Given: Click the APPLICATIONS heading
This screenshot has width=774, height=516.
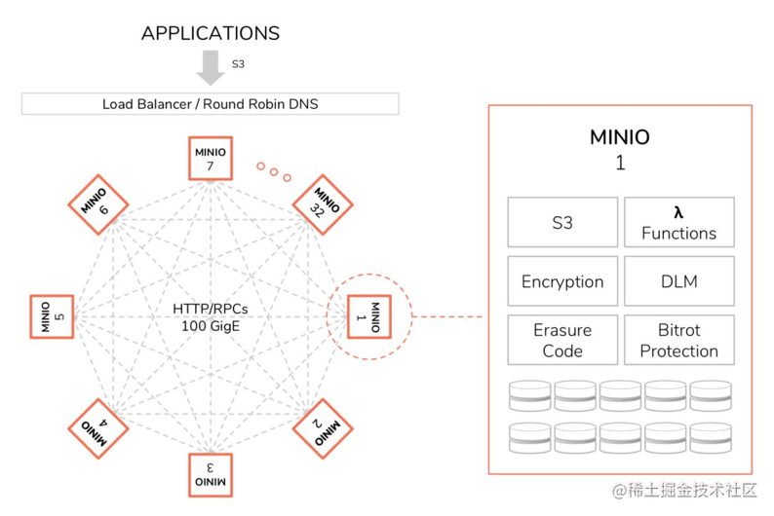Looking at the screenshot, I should (x=211, y=33).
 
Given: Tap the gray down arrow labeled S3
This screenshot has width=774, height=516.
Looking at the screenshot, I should (x=210, y=67).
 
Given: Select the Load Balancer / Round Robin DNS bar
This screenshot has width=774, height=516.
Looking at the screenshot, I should (x=210, y=103).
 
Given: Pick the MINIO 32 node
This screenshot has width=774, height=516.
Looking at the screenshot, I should (x=323, y=204).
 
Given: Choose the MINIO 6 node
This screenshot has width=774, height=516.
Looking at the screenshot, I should (x=99, y=205).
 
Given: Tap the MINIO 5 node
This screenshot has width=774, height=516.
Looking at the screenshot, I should (x=55, y=316).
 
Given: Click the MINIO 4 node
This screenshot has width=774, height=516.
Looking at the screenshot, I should (x=99, y=426).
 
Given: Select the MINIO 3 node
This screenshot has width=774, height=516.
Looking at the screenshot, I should (x=210, y=474).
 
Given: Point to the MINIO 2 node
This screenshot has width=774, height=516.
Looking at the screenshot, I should (x=323, y=426).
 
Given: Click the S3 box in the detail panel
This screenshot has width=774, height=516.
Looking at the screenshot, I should (x=562, y=223).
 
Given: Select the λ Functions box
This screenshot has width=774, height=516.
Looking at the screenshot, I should (x=678, y=223).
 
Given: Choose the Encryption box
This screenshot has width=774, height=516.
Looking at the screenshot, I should (x=562, y=281).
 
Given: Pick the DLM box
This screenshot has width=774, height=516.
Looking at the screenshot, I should (x=678, y=281).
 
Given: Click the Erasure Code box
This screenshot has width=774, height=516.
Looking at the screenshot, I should (x=562, y=341).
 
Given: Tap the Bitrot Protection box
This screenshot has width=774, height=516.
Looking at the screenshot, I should (x=678, y=341).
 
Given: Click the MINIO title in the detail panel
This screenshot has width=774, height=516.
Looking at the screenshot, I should (x=620, y=136).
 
